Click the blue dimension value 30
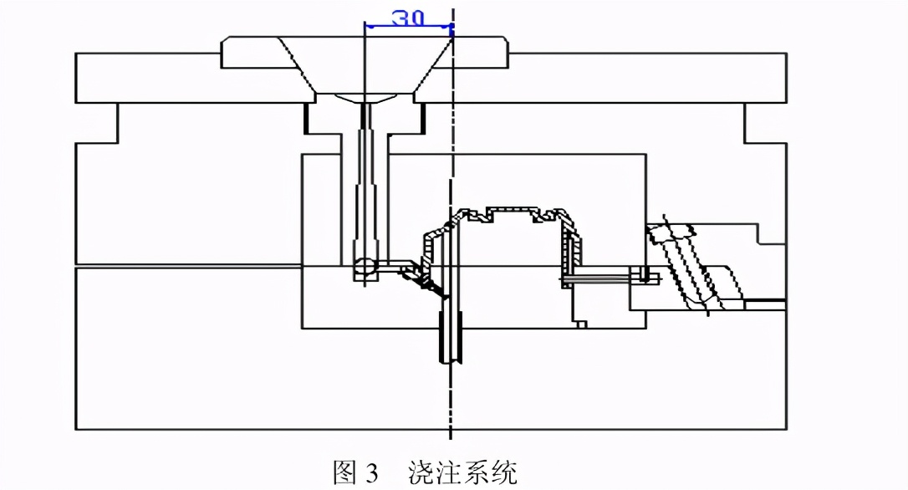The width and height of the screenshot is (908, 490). (408, 18)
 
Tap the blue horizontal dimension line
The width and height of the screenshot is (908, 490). (408, 25)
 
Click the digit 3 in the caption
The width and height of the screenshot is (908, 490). (371, 473)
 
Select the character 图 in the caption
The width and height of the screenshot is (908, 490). (344, 472)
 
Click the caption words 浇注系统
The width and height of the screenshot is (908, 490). (462, 472)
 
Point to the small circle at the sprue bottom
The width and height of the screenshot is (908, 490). (365, 267)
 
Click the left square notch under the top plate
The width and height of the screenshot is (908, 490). (97, 124)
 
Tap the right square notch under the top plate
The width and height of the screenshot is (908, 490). (765, 124)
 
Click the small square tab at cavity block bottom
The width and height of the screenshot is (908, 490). (581, 324)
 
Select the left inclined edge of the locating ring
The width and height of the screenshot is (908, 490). (297, 65)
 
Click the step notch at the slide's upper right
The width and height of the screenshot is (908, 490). (773, 234)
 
